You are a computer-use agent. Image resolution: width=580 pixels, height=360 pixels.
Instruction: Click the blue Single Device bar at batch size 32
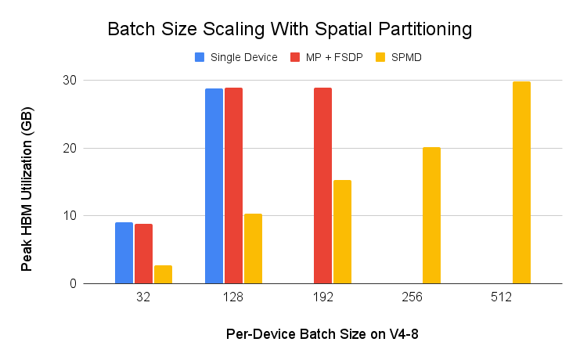[124, 253]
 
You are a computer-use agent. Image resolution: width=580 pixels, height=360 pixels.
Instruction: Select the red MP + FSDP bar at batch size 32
[143, 254]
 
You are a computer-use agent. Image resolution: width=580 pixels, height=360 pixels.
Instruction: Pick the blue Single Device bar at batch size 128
[214, 186]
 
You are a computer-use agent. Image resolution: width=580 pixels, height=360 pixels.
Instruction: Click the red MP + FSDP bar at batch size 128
[233, 185]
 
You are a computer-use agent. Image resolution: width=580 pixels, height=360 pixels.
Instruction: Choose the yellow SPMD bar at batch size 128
[253, 248]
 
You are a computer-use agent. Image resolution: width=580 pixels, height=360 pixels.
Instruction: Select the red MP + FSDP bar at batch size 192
[322, 185]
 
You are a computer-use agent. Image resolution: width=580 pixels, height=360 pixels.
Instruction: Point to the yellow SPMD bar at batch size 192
[342, 232]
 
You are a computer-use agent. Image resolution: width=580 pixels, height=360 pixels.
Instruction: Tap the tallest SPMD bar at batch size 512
[521, 182]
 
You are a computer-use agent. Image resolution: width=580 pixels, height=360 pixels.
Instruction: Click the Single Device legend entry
[236, 57]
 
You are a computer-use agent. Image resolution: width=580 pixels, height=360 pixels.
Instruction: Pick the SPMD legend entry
[400, 57]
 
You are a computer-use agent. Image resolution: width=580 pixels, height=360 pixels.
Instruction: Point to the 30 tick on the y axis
[69, 81]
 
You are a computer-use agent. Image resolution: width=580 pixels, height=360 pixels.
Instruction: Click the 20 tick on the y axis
[69, 148]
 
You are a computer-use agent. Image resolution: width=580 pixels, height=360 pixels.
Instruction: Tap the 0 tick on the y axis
[72, 283]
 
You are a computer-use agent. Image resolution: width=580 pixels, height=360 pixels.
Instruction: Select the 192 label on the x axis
[322, 298]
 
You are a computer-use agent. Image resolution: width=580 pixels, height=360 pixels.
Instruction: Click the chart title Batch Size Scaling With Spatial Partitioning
[290, 30]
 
